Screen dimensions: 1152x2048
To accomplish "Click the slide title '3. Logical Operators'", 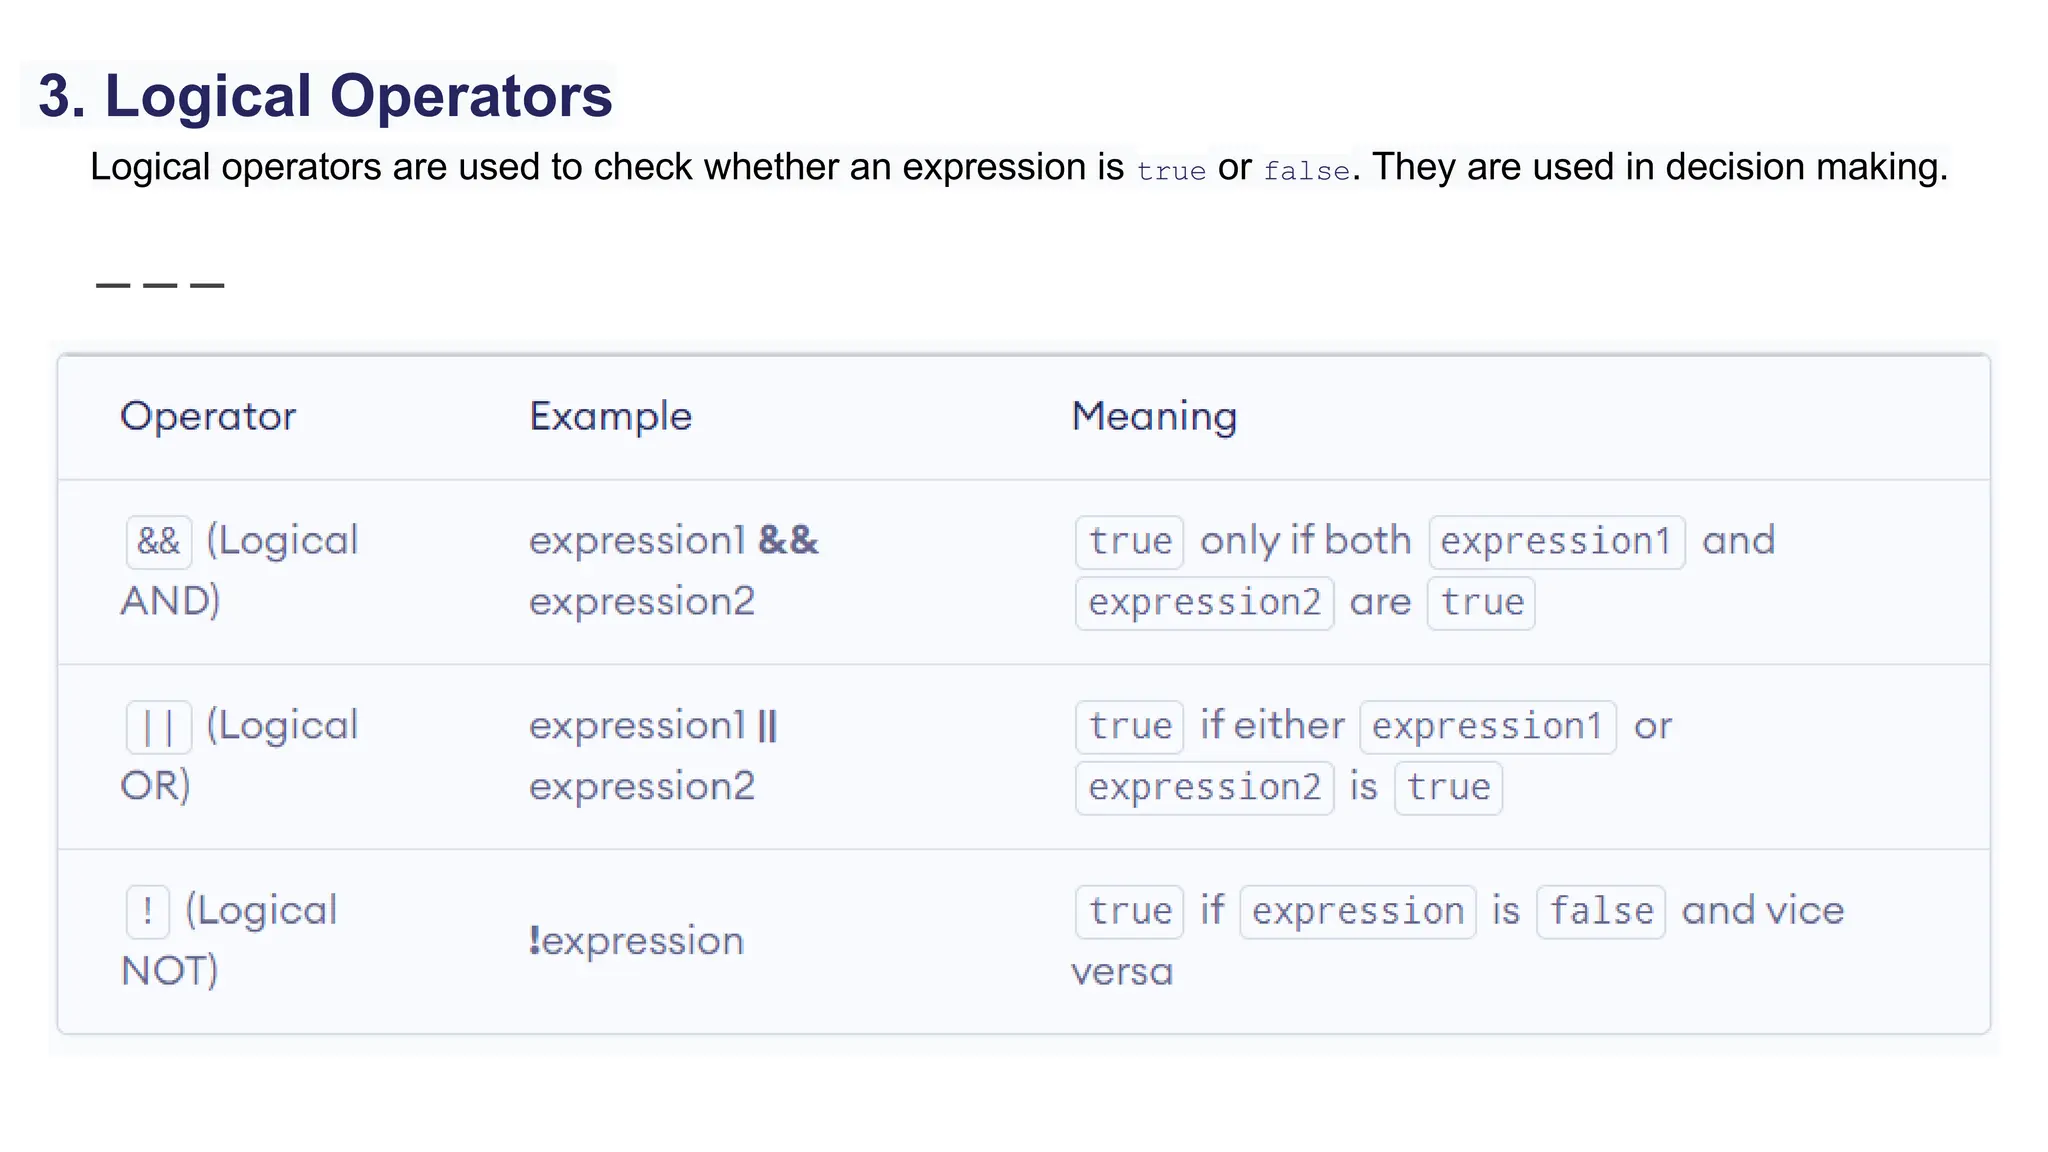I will (325, 96).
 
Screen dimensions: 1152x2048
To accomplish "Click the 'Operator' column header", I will (208, 416).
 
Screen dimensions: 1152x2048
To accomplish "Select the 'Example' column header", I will (610, 416).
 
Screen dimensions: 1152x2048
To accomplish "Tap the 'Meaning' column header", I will (1154, 416).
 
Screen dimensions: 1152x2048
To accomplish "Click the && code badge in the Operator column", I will (159, 541).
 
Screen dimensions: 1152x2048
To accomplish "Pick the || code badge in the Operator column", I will (159, 726).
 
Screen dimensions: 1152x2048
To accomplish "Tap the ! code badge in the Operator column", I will (148, 911).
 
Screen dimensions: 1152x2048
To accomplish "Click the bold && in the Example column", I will (788, 540).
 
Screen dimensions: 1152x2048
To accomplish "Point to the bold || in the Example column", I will (767, 725).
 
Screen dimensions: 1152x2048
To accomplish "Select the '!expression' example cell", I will (636, 941).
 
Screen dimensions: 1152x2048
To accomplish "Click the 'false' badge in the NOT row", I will (1601, 911).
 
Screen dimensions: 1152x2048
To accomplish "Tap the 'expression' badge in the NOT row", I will (1358, 911).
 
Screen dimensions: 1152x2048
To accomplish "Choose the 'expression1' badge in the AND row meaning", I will (1556, 541).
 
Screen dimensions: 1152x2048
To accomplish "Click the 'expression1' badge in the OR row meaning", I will (1488, 726).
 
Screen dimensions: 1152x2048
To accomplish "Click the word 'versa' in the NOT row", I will (1122, 972).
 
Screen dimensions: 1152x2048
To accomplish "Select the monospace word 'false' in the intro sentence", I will (1306, 171).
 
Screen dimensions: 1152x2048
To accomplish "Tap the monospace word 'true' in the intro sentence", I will (1171, 171).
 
